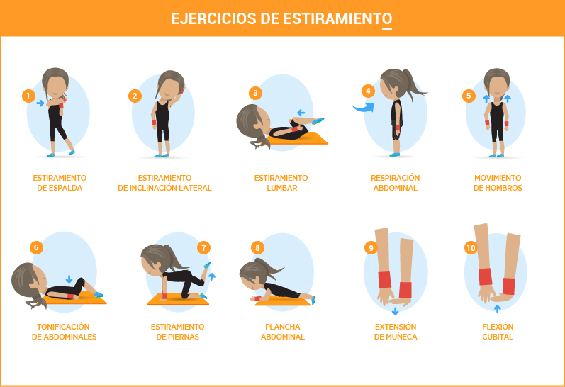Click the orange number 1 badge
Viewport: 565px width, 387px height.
28,96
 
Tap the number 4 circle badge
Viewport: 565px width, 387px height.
368,91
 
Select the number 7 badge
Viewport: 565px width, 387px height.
203,247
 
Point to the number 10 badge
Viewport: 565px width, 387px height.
471,247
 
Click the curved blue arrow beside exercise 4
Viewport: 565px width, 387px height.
363,108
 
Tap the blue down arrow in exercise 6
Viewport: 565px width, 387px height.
69,279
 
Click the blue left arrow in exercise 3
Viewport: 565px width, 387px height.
301,113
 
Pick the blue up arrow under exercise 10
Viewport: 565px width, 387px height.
497,309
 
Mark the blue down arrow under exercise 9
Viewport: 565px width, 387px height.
396,311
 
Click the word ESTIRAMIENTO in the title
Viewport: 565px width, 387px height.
337,18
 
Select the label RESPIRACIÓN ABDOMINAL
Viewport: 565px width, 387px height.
396,183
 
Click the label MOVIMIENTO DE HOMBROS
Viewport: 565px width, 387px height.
498,183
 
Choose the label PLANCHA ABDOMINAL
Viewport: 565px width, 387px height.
282,332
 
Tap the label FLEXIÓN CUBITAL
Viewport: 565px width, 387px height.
498,332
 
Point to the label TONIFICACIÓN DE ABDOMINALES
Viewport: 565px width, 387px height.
64,332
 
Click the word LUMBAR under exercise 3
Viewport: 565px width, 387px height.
281,188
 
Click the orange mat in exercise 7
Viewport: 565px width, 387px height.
178,299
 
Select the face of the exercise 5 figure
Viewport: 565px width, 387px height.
497,87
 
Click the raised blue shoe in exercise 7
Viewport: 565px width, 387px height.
207,265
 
